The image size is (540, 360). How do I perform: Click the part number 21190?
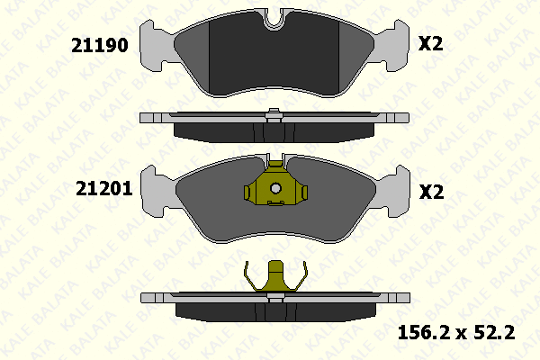100,45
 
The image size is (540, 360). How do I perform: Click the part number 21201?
104,189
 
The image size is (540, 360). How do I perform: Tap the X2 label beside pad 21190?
430,43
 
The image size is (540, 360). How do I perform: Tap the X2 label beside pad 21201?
431,192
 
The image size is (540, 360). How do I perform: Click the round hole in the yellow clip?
275,188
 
